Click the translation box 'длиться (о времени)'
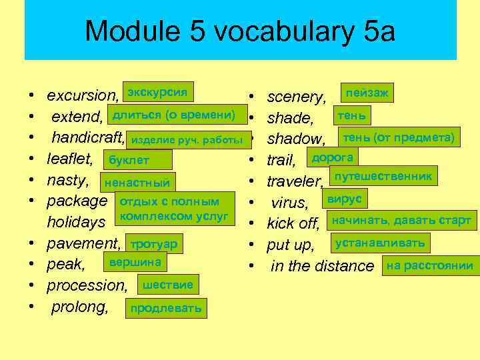(173, 115)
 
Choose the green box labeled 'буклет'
(137, 160)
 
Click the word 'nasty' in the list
(67, 180)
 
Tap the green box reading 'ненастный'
(137, 183)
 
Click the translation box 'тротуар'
(154, 245)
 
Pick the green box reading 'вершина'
(135, 263)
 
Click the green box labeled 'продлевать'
(166, 309)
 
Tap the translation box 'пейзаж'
(366, 92)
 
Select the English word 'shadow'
(295, 139)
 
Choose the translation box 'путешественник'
(384, 176)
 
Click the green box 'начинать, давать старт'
(401, 221)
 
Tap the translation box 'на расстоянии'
(429, 266)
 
